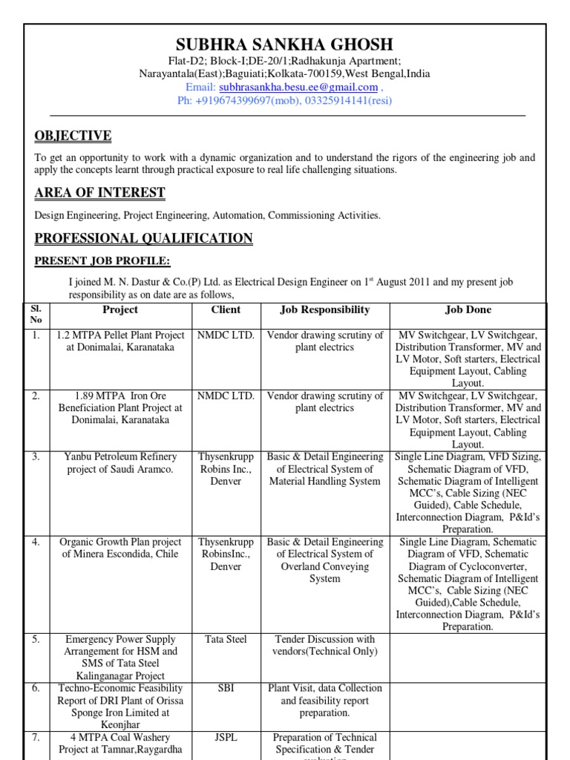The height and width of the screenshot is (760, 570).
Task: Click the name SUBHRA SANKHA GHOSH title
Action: tap(284, 45)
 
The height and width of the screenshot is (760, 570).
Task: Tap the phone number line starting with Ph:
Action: tap(284, 100)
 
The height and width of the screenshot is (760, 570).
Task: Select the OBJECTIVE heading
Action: tap(73, 136)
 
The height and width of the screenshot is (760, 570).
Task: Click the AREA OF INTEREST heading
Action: tap(99, 194)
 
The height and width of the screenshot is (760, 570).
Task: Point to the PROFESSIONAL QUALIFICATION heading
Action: tap(143, 238)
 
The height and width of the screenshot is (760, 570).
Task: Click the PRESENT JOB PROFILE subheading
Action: tap(102, 261)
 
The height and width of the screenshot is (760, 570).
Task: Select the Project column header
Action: tap(120, 309)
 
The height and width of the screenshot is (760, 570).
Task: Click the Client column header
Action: tap(226, 309)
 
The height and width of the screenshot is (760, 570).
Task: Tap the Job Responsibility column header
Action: tap(324, 309)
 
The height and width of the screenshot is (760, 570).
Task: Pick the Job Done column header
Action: tap(468, 309)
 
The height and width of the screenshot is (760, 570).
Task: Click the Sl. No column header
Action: tap(37, 315)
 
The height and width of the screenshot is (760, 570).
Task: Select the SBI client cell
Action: tap(226, 689)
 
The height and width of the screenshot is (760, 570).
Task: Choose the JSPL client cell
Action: tap(226, 738)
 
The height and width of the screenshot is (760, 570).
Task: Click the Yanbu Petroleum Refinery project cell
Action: tap(120, 463)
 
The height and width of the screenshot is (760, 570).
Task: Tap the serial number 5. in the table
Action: tap(36, 639)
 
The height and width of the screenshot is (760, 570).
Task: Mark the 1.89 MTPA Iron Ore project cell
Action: tap(120, 407)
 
